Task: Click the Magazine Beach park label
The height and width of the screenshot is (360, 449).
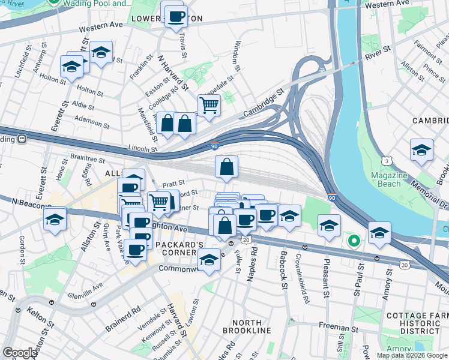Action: pyautogui.click(x=397, y=179)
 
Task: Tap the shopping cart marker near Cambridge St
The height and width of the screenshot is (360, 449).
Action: pyautogui.click(x=208, y=106)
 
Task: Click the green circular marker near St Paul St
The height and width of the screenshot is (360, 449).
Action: pyautogui.click(x=354, y=241)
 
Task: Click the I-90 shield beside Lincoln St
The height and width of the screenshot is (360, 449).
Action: pyautogui.click(x=214, y=145)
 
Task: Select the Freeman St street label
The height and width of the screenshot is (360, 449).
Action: pyautogui.click(x=339, y=328)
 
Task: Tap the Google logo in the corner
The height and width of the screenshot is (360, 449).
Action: pyautogui.click(x=20, y=353)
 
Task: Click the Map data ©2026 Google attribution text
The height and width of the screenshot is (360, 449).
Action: pyautogui.click(x=412, y=355)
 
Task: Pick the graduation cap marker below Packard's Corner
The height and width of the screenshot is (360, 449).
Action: pyautogui.click(x=209, y=261)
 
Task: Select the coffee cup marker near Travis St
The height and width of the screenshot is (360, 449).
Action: pyautogui.click(x=176, y=16)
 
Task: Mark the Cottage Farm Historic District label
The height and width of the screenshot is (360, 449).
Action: pyautogui.click(x=414, y=323)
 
